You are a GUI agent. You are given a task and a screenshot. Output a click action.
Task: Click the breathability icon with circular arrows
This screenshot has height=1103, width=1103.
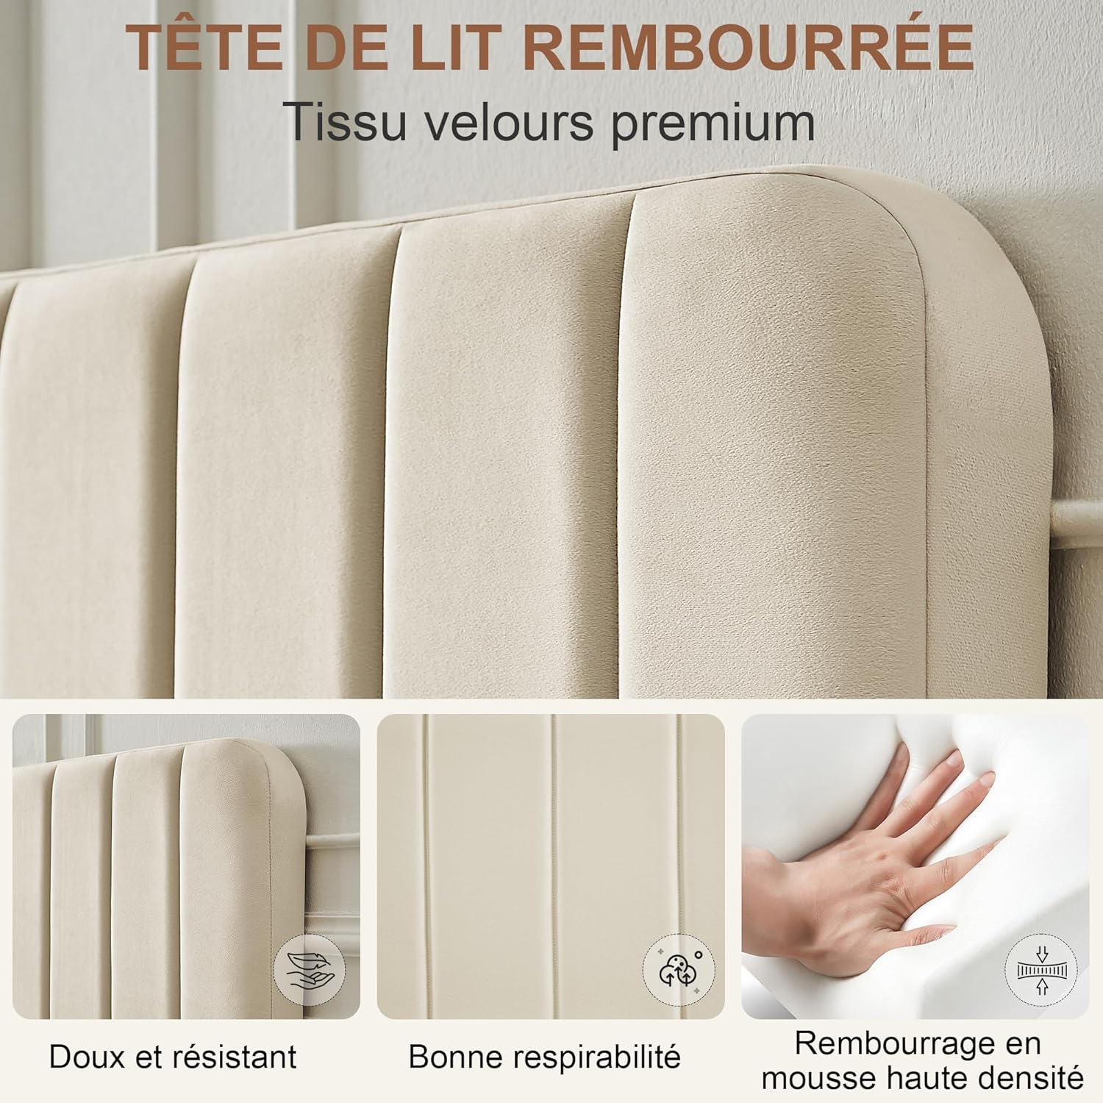click(x=678, y=971)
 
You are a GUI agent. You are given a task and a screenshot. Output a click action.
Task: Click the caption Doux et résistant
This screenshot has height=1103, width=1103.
click(x=173, y=1057)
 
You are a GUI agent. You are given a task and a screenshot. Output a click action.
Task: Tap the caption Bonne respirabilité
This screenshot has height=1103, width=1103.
click(x=544, y=1057)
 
